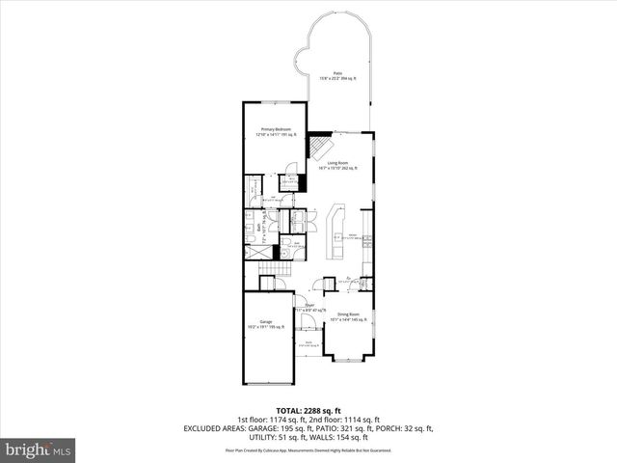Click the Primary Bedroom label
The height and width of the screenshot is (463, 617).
(276, 130)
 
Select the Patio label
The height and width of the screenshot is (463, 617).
(338, 74)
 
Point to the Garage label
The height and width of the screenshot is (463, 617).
(264, 323)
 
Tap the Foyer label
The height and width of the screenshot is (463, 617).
(310, 307)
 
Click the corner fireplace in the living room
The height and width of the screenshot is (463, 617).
(321, 147)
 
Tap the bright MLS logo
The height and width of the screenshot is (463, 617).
(38, 449)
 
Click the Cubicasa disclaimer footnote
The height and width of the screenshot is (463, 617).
(308, 449)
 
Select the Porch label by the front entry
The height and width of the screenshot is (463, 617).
(308, 343)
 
